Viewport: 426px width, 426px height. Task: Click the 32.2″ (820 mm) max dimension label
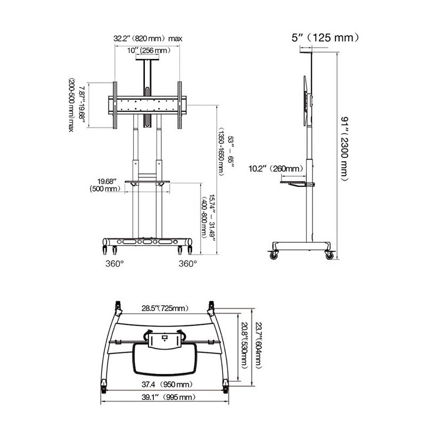(x=148, y=38)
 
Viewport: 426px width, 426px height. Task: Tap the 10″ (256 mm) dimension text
(x=149, y=50)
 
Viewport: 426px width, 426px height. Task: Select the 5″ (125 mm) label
(x=325, y=37)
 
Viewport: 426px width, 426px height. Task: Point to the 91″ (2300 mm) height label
(x=344, y=149)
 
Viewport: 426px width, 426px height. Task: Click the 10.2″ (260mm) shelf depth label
(x=276, y=169)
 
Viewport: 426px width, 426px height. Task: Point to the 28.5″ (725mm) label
(x=165, y=308)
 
